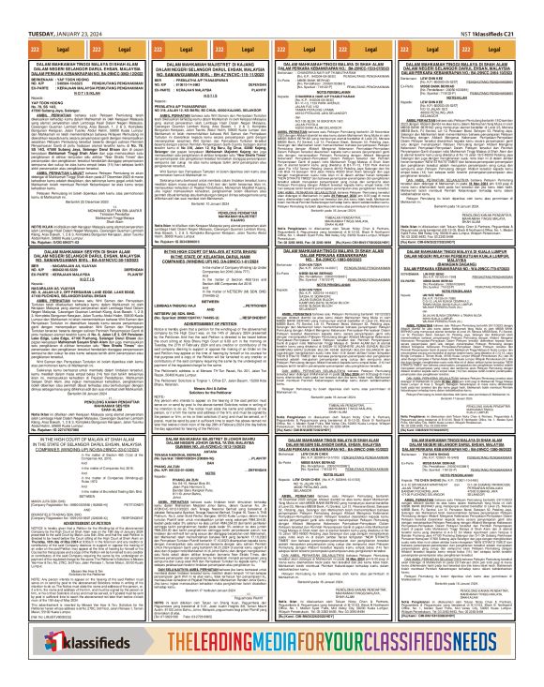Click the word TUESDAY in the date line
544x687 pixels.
coord(21,8)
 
